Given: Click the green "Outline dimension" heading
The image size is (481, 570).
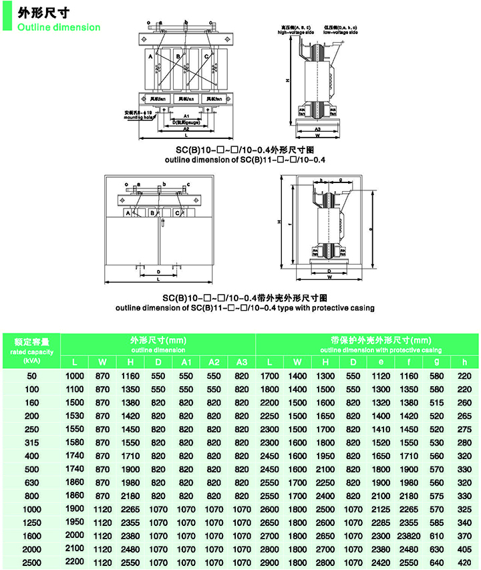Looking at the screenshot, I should pos(59,27).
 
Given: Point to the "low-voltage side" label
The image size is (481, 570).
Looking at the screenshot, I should pos(341,32).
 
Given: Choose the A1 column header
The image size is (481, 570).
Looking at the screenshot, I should pos(186,362).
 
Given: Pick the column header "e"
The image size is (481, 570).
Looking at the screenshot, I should pos(380,362).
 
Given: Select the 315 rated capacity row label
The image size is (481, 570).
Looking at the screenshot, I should pos(31,442).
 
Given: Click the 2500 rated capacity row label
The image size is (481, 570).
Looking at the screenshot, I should pos(31,562).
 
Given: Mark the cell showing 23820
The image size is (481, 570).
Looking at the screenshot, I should pos(408,535).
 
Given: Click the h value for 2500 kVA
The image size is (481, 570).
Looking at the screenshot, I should pos(463,562).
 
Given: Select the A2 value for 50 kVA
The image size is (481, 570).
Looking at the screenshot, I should pos(214,376).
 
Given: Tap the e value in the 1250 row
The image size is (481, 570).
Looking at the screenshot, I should pos(380,522).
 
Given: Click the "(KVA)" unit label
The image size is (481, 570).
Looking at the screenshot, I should pos(31,361).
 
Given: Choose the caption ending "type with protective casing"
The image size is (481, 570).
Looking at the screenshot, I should pos(245,308).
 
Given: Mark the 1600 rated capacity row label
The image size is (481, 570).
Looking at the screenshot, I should pos(31,535).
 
